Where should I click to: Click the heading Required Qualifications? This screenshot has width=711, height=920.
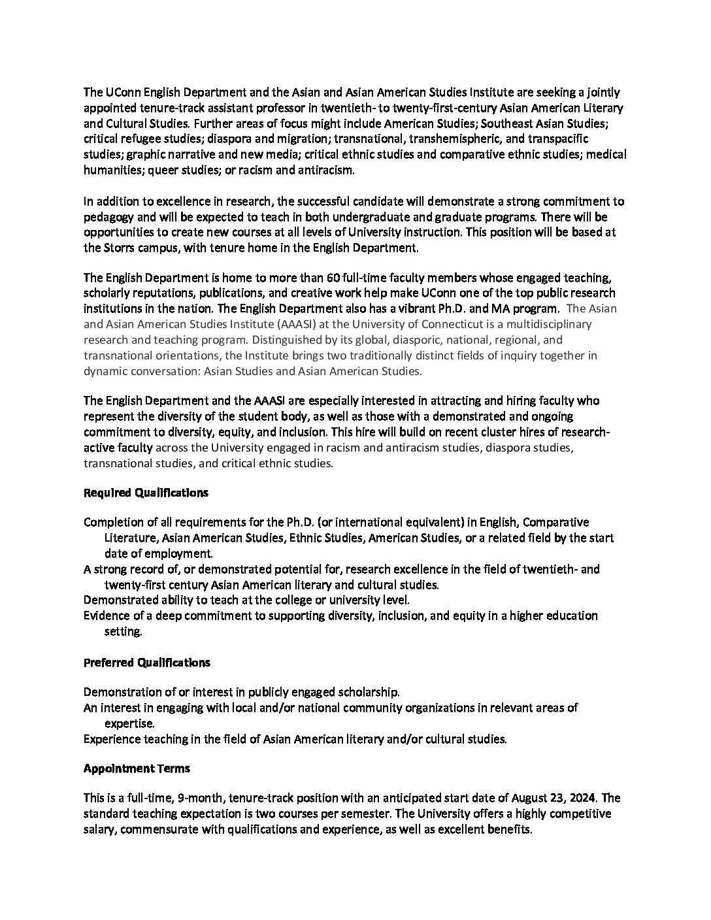tap(146, 493)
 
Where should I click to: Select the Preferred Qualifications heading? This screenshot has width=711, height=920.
tap(146, 663)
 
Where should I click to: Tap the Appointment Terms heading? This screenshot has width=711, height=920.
tap(137, 768)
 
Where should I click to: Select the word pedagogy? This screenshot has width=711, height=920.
tap(109, 217)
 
